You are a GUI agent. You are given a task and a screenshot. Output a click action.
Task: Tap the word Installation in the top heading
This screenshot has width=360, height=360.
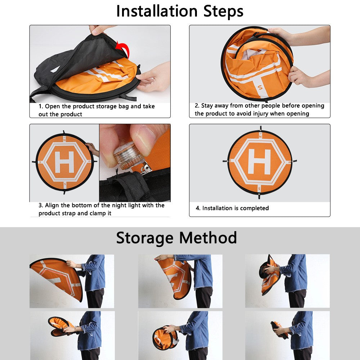click(x=157, y=11)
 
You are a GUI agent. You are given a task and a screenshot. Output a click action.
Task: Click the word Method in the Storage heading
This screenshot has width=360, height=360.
click(x=208, y=238)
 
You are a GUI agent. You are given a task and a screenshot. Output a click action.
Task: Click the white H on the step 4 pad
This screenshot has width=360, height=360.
click(x=260, y=162)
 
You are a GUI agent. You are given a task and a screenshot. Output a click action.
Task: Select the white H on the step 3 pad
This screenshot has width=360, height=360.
click(x=64, y=162)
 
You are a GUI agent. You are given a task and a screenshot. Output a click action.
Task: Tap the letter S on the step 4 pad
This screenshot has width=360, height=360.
click(x=259, y=189)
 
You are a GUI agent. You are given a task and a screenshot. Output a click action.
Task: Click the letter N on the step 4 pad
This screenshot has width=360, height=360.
click(x=260, y=136)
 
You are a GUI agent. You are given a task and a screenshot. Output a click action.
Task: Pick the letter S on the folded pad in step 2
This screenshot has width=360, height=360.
click(x=260, y=87)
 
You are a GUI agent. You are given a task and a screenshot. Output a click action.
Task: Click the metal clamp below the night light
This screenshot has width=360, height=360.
click(x=145, y=168)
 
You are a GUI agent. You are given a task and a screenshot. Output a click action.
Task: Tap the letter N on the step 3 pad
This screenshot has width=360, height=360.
click(x=64, y=139)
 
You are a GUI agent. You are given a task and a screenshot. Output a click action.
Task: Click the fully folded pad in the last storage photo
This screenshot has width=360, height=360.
click(x=279, y=330)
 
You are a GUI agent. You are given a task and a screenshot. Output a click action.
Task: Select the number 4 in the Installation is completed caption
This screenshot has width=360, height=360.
click(x=198, y=208)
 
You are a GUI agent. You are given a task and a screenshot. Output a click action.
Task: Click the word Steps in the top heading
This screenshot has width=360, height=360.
click(x=223, y=12)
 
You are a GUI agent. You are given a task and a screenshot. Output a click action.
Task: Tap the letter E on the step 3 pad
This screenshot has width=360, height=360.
click(x=89, y=162)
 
